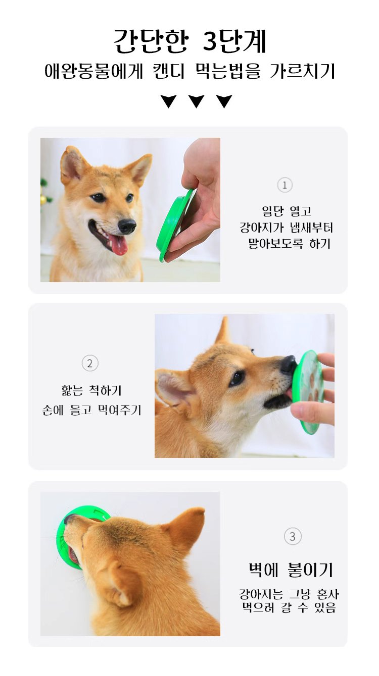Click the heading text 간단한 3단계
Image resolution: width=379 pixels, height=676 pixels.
tap(189, 41)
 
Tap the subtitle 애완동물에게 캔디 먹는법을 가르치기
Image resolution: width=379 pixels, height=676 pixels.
tap(189, 71)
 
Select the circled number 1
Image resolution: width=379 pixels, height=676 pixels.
tap(285, 185)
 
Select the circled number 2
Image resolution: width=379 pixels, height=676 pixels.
tap(90, 363)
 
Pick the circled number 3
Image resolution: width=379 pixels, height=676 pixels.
tap(292, 536)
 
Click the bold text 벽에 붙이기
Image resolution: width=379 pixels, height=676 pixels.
tap(291, 570)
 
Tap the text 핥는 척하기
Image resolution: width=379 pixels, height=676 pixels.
tap(91, 390)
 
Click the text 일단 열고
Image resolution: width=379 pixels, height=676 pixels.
tap(286, 211)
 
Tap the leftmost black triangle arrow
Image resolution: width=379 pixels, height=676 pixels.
tap(168, 101)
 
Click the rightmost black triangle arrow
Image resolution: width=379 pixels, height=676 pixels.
tap(224, 101)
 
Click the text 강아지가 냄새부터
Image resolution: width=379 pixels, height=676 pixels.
tap(286, 228)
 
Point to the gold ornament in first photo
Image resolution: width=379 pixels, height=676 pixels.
tap(43, 199)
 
